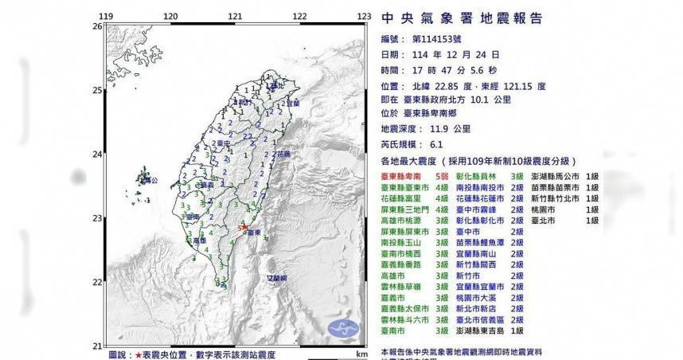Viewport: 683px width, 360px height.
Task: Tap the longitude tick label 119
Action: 105,15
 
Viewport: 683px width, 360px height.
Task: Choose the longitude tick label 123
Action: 365,15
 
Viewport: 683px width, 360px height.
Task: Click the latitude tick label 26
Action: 96,26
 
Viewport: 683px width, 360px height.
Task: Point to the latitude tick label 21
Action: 96,345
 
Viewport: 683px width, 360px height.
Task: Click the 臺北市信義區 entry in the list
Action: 482,319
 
